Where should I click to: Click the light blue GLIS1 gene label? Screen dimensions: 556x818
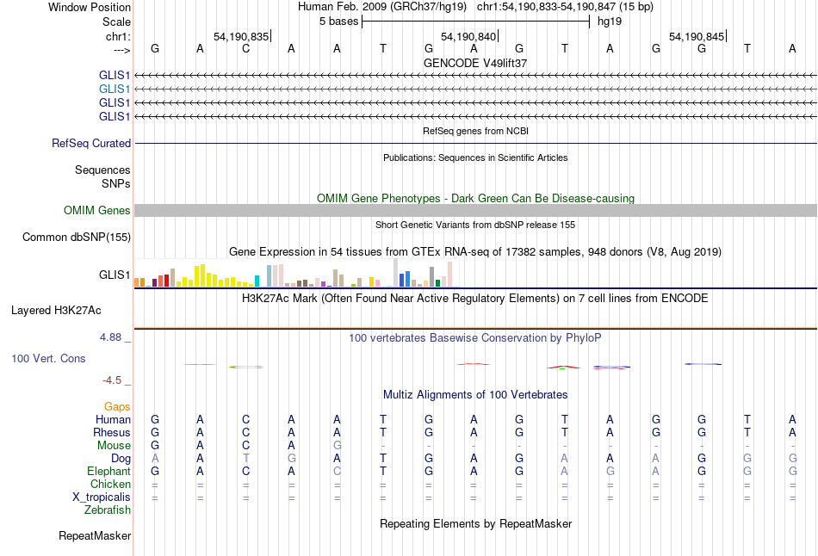(115, 89)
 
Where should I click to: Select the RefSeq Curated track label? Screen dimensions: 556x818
(91, 143)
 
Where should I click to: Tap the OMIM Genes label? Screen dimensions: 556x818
(97, 210)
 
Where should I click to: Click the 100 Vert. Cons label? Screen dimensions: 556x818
(48, 358)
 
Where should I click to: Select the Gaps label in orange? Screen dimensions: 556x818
(117, 406)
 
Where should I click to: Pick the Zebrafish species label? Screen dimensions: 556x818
(108, 510)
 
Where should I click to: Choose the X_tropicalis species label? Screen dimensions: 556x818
(102, 497)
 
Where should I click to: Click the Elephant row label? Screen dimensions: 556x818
(108, 471)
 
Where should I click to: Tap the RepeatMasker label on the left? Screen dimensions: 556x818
(95, 536)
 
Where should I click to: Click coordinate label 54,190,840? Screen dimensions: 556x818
(468, 36)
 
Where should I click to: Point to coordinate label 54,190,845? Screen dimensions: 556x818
(697, 36)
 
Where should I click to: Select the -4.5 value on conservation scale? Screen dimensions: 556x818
(111, 380)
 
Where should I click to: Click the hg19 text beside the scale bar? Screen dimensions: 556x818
(610, 21)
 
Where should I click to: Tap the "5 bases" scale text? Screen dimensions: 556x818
(338, 21)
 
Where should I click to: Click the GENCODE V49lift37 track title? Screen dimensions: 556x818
(475, 63)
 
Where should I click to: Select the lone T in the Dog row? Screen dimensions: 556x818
(245, 458)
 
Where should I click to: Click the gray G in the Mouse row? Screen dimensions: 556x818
(338, 445)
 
